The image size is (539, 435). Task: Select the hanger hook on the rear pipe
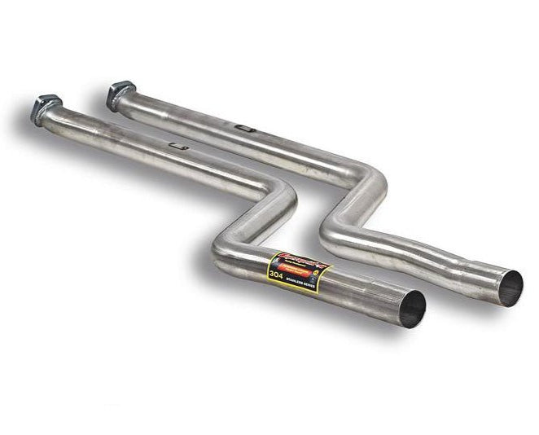242,128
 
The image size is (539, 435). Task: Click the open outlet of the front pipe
413,310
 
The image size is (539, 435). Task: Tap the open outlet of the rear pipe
511,288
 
